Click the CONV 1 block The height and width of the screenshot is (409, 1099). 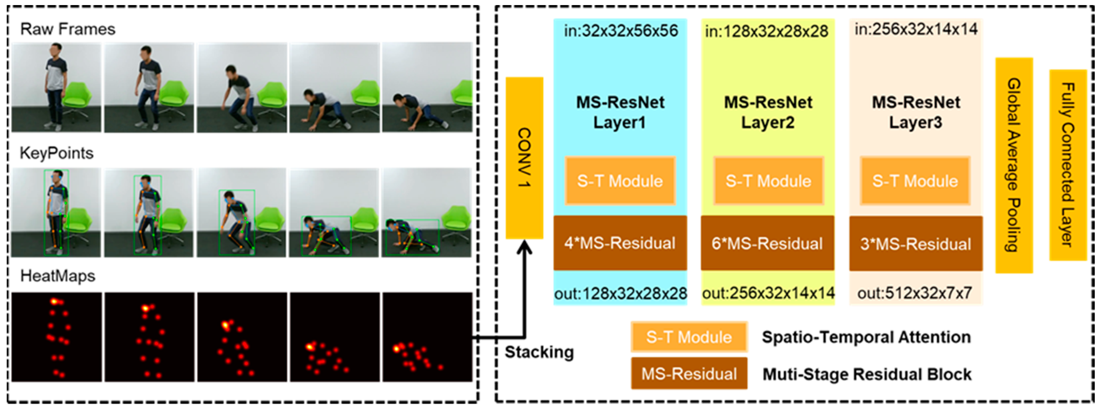point(524,158)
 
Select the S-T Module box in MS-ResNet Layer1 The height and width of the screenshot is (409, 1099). point(620,181)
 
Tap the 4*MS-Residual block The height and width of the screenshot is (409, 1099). point(620,243)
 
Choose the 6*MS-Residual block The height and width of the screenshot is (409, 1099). point(767,243)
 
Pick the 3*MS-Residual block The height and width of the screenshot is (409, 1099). point(915,244)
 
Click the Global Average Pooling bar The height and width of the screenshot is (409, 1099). point(1014,165)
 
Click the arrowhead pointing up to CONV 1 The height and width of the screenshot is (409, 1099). point(524,248)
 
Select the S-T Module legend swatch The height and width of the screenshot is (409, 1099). point(689,337)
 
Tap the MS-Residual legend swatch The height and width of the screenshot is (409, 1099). point(689,373)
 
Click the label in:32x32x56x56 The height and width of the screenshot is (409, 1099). point(621,31)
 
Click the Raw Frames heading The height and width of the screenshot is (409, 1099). point(68,29)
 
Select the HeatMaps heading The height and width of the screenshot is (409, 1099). point(58,276)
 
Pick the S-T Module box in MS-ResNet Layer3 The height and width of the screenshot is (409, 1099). point(915,181)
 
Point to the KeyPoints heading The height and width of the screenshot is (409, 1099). point(57,153)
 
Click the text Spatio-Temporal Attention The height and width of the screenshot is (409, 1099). point(866,337)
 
